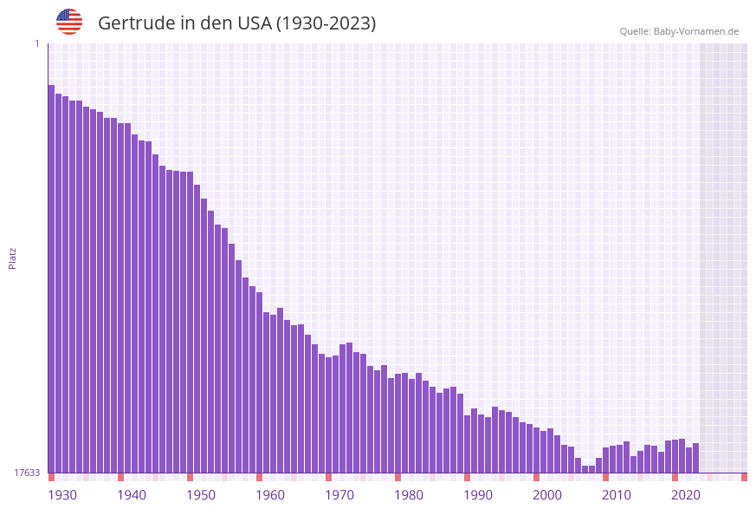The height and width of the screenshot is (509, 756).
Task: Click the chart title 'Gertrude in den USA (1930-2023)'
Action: click(236, 23)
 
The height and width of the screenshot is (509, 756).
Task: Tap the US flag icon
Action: click(69, 22)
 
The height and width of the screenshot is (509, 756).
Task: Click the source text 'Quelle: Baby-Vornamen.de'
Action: click(679, 31)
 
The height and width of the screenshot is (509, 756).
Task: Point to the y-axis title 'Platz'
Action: click(13, 258)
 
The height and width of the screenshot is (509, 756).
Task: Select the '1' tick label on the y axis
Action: click(36, 43)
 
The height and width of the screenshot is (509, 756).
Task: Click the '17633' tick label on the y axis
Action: click(27, 473)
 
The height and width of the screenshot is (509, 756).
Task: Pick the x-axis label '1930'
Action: click(62, 495)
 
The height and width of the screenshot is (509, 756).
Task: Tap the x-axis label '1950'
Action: click(201, 495)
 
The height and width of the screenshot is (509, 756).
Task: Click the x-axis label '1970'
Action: click(339, 495)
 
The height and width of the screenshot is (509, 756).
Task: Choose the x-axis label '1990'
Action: click(478, 495)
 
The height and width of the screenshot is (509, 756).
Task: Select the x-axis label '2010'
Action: click(617, 495)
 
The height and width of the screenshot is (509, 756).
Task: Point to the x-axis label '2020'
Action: click(686, 495)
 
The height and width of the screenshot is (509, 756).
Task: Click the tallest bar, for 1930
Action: click(51, 277)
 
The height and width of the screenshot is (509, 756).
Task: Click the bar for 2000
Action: click(536, 450)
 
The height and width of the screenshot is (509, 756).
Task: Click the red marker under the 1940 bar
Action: click(120, 477)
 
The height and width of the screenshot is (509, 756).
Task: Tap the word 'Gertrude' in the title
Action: click(137, 23)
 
